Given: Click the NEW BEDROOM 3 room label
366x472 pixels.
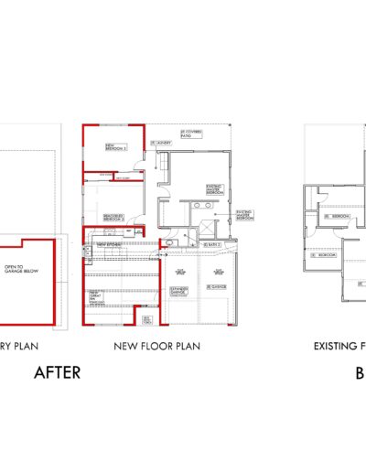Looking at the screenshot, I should click(115, 146).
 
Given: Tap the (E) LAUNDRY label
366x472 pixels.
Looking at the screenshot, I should click(162, 144).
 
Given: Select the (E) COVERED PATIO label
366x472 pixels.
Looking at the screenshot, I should click(190, 134).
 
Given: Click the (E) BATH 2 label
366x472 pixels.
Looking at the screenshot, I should click(212, 244).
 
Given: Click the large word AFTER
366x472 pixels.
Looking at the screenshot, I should click(58, 371).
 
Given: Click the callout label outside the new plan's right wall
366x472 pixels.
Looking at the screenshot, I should click(245, 215).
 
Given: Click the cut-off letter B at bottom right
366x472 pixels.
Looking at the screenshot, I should click(361, 371).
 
